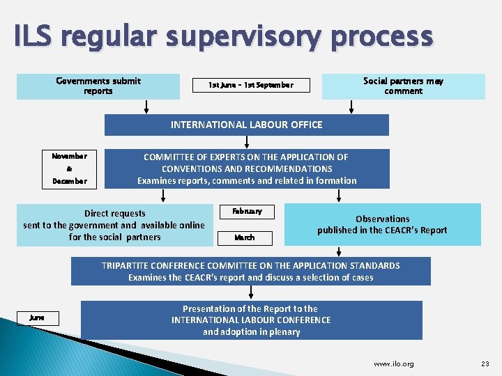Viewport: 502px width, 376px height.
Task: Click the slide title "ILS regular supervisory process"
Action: point(223,36)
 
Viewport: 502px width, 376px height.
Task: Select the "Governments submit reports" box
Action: point(98,86)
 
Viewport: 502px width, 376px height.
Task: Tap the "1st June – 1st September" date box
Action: point(251,86)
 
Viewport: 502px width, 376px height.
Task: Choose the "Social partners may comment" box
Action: point(403,86)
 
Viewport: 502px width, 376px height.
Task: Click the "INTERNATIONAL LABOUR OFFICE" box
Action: point(247,125)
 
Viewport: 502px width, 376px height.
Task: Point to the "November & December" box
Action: point(70,169)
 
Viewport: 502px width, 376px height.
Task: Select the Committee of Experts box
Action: point(247,169)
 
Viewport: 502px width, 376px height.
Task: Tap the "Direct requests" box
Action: point(114,225)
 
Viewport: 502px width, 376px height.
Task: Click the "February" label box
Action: point(246,212)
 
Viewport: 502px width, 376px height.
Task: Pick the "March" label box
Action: point(244,237)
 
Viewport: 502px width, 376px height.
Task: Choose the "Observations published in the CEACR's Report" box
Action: point(382,224)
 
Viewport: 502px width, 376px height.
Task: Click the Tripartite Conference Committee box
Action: point(250,272)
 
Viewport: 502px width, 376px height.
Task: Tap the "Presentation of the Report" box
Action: point(251,320)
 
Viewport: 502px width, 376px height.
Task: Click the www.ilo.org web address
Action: point(394,363)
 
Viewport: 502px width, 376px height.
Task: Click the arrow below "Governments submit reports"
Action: point(146,107)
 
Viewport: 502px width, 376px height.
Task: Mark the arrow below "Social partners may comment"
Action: point(351,107)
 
